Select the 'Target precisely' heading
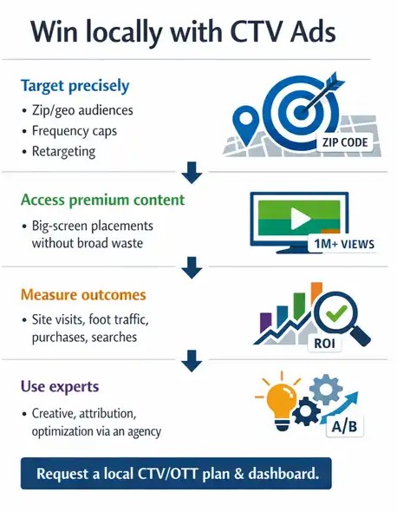75,85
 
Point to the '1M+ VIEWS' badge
342,244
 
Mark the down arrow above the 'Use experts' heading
194,357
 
